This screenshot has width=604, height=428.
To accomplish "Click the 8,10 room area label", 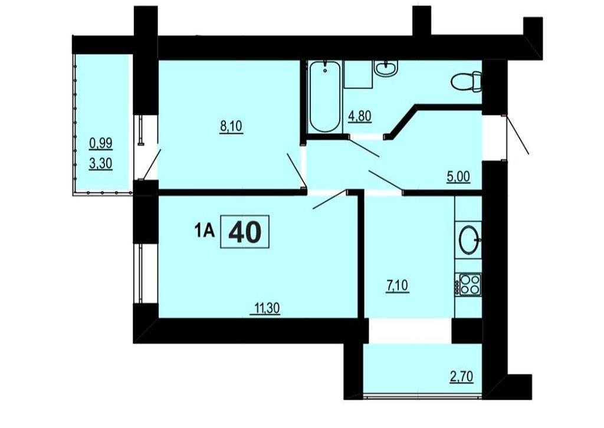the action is (x=231, y=127).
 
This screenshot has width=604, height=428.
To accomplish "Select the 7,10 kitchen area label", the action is (x=397, y=287).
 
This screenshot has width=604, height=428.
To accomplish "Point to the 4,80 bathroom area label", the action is (x=360, y=116).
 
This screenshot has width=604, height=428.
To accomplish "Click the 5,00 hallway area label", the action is (x=458, y=177).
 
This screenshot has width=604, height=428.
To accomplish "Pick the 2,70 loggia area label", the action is (x=461, y=376).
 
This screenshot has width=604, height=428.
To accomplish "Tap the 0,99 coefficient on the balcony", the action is (x=100, y=144).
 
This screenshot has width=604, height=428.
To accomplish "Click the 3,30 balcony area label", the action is (x=100, y=164).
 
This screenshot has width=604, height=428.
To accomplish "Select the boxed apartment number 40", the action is (x=245, y=232).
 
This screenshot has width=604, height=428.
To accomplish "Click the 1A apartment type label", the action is (x=203, y=232).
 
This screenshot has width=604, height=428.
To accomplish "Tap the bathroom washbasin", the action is (x=386, y=68).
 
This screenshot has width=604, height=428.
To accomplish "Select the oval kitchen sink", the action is (x=470, y=239).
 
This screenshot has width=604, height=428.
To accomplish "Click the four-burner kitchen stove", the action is (x=468, y=284).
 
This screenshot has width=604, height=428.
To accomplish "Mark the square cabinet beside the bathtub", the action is (x=358, y=74).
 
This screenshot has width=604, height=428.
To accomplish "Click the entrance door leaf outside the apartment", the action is (x=517, y=135).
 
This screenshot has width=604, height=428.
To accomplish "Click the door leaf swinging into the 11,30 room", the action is (x=330, y=200).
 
